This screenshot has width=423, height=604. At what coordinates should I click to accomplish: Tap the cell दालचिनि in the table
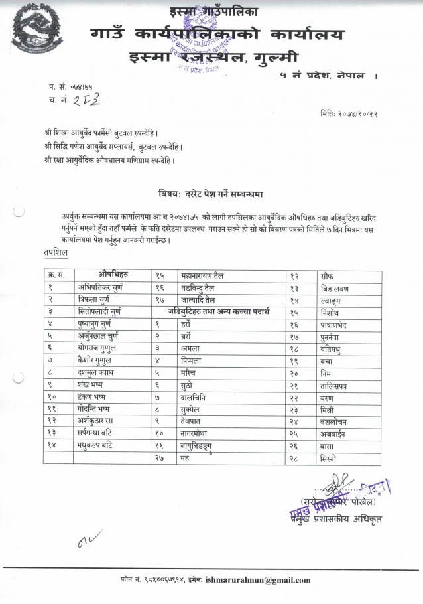(196, 396)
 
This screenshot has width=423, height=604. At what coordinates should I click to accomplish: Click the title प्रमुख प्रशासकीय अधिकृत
(340, 518)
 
